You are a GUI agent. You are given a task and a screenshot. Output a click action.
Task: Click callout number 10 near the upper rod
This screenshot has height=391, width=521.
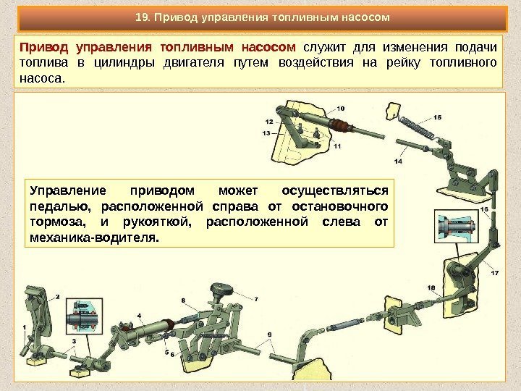pos(341,109)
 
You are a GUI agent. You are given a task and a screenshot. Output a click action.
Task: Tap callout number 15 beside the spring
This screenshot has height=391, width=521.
pos(437,117)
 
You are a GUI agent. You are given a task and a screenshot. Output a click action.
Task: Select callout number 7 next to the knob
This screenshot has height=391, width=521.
pos(256,299)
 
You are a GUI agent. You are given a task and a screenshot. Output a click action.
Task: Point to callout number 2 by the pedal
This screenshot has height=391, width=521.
pos(57,297)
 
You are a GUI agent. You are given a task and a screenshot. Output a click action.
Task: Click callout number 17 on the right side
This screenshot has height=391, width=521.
pos(495,273)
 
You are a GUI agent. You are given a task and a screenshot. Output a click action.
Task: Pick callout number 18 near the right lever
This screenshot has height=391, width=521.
pos(431,287)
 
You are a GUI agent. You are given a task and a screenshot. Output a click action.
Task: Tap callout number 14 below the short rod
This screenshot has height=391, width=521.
pos(398,161)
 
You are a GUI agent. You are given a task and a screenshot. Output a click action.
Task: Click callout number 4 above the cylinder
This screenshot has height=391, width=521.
pos(139,316)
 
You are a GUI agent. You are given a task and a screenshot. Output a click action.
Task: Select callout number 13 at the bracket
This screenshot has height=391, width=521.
pos(266,133)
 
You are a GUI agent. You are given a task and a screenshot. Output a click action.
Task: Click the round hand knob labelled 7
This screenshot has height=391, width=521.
pos(222,290)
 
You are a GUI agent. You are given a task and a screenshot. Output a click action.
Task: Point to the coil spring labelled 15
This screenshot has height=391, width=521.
pos(418,127)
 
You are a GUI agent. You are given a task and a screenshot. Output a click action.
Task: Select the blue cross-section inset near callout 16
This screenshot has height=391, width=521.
pos(456,226)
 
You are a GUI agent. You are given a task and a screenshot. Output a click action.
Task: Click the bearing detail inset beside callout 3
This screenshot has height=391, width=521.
pos(84,316)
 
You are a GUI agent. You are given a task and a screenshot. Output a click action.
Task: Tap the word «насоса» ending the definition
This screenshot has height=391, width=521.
pos(42,79)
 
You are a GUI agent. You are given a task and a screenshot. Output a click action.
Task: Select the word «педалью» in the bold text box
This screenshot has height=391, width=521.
pos(61,207)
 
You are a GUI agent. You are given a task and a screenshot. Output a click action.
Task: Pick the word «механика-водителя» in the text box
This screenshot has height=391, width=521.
pos(94,237)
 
